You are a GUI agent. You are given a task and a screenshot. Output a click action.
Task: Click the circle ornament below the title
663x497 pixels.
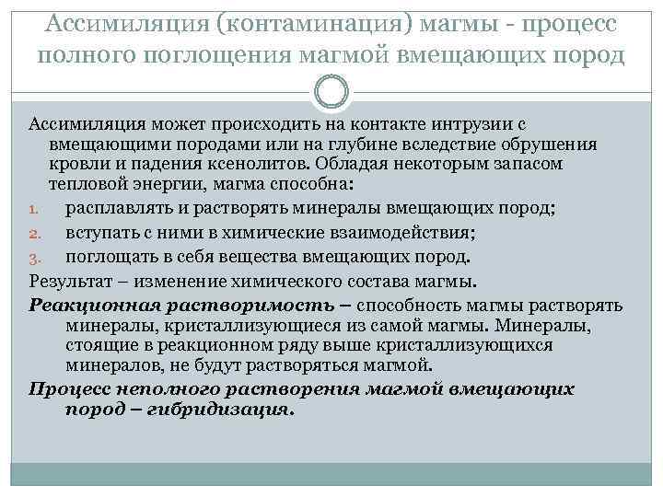coord(331,93)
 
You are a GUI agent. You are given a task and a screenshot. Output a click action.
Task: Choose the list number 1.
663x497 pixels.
coord(33,207)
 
